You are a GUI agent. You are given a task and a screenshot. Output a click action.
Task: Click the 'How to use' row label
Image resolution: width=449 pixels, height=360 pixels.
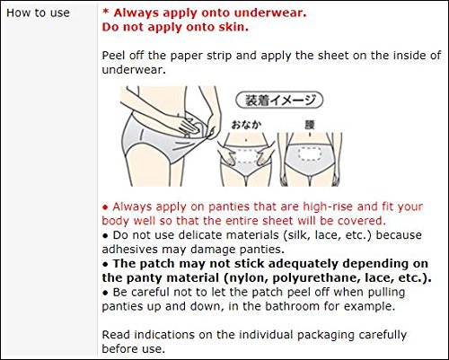coord(38,13)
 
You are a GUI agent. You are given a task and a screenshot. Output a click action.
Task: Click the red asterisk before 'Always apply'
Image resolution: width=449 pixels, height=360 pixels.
coord(105,13)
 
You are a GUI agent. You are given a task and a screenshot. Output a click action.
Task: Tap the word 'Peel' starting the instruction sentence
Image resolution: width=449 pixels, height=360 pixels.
coord(113,56)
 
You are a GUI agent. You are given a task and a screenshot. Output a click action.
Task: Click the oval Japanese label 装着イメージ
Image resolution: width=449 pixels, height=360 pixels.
coord(279,100)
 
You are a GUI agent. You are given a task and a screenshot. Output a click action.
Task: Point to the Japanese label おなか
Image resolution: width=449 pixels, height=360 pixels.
coord(246,125)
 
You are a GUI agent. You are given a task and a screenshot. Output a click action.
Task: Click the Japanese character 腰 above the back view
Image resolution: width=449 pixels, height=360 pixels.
coord(310,125)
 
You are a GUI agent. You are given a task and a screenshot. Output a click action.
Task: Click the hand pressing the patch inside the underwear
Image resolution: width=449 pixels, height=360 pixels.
coord(187,126)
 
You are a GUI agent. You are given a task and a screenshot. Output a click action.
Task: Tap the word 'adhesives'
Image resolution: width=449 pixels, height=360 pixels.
coord(130,249)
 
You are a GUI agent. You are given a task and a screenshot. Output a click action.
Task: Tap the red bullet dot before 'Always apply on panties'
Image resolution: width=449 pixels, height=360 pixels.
coord(105,207)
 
